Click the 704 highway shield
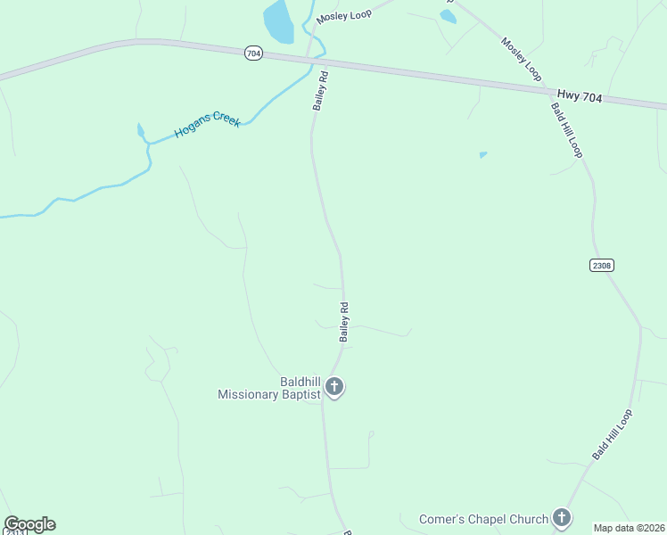coord(253,53)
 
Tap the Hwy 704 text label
coord(580,95)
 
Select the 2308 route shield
coord(602,266)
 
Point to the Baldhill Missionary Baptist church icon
coord(334,386)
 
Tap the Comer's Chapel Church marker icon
coord(561,516)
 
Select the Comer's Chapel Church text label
coord(483,518)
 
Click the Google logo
coord(29,524)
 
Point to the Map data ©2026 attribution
coord(630,528)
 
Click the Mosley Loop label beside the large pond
coord(343,16)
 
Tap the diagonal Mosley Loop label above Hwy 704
coord(521,56)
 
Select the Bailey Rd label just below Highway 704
coord(321,90)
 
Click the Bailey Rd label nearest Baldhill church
coord(343,322)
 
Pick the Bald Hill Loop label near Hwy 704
coord(566,130)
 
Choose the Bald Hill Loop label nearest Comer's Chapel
coord(612,435)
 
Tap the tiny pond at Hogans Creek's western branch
coord(140,131)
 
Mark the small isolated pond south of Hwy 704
coord(482,155)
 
